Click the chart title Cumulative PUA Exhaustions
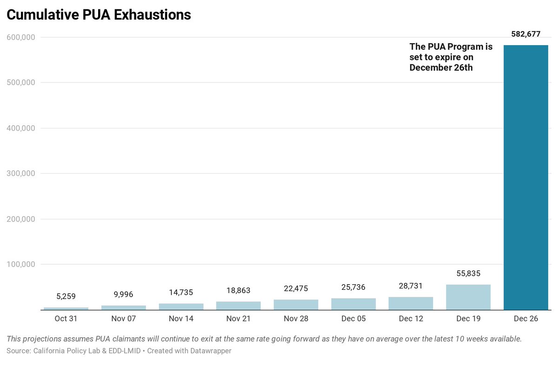click(99, 15)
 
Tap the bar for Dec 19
click(468, 297)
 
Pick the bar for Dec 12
click(411, 303)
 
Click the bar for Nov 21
click(238, 306)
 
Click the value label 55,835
click(468, 274)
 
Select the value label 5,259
click(66, 296)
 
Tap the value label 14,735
click(180, 292)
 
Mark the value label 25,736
click(353, 287)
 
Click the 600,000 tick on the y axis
click(21, 37)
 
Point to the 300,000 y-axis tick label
click(21, 173)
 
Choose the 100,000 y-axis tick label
click(21, 264)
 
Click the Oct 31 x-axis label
click(66, 319)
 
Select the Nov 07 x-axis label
click(123, 319)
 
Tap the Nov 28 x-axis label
click(296, 319)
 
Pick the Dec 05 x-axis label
click(353, 319)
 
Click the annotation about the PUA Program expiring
click(451, 57)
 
